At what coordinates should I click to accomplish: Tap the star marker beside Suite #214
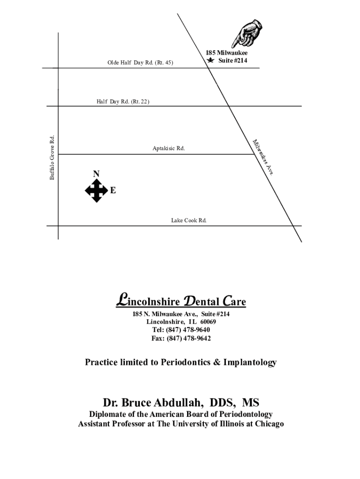tap(211, 61)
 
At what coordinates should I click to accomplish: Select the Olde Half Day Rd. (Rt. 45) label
tap(140, 62)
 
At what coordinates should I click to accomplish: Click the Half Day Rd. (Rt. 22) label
tap(123, 102)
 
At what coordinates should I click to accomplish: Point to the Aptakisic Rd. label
tap(168, 148)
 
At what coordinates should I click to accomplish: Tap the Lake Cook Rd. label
tap(189, 220)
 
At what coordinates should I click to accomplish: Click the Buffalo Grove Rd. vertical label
tap(52, 157)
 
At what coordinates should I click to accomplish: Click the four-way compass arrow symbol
tap(96, 190)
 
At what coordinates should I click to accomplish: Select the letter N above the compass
tap(96, 174)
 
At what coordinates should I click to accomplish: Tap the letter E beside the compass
tap(113, 191)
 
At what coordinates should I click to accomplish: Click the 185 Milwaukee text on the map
tap(227, 53)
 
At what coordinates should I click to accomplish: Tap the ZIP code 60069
tap(208, 322)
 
